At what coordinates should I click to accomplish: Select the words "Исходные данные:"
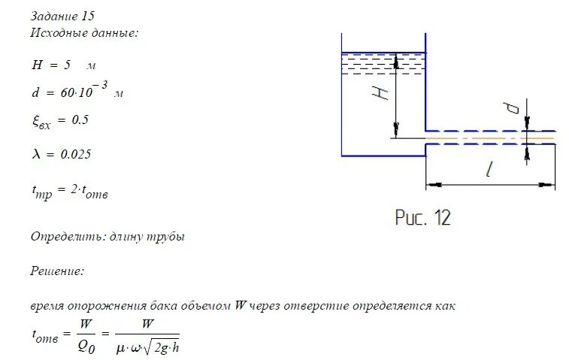pos(84,33)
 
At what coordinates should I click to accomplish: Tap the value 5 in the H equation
pos(68,65)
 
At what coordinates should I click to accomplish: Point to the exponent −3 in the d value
pos(102,85)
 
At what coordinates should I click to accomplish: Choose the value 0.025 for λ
pos(76,154)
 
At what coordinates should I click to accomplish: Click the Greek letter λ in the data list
pos(36,154)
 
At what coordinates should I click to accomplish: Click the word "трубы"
pos(168,237)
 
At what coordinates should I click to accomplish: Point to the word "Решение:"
pos(57,271)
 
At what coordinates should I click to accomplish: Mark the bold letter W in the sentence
pos(241,306)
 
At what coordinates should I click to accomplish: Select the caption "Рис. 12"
pos(422,218)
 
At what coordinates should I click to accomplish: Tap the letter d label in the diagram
pos(513,107)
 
